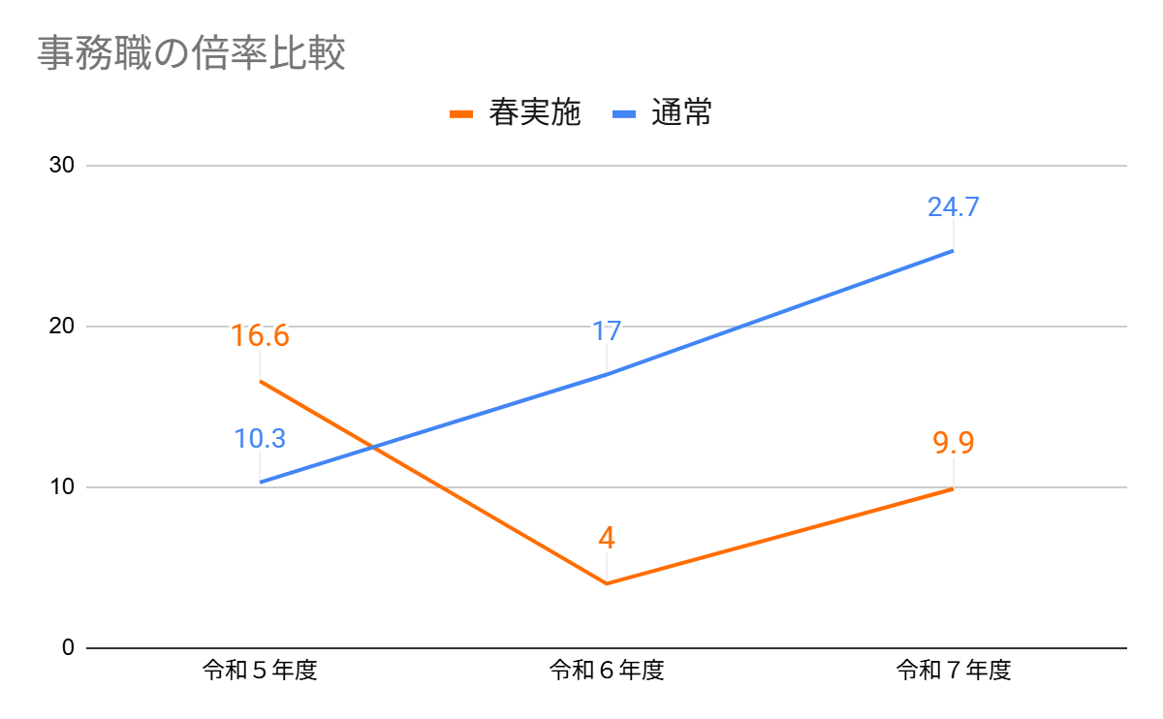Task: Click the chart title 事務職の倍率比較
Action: (x=191, y=53)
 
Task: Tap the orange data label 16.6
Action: (x=260, y=335)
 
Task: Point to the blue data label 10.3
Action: (x=260, y=438)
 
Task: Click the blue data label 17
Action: (x=607, y=330)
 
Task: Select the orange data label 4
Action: (x=607, y=538)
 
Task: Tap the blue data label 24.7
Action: (x=954, y=206)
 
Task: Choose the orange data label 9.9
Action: (x=954, y=443)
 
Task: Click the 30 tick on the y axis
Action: (x=61, y=166)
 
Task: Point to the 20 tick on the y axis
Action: (x=61, y=327)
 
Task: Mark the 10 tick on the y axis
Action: (x=61, y=487)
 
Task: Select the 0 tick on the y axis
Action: (x=67, y=647)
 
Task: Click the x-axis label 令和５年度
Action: (x=260, y=671)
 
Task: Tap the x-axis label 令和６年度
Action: (x=607, y=671)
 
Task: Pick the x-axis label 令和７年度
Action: (x=954, y=671)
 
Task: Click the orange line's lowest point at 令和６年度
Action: (x=607, y=583)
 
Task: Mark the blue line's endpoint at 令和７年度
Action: (x=954, y=251)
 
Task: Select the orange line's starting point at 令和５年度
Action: (x=260, y=381)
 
